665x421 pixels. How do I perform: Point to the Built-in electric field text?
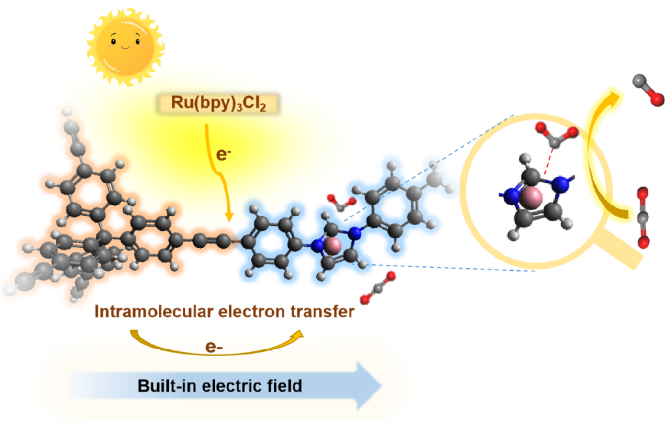coord(220,386)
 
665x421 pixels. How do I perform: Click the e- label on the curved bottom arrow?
coord(214,347)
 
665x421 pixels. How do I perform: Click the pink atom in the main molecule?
coord(332,245)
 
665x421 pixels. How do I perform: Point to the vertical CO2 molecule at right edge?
coord(643,218)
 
